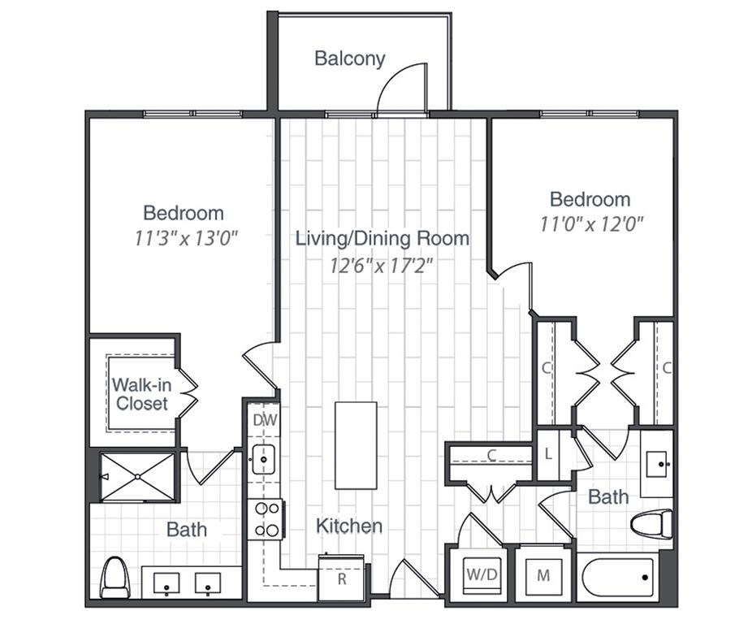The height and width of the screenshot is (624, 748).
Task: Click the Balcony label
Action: [x=349, y=58]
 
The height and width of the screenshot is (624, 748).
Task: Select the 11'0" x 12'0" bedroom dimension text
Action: [x=591, y=225]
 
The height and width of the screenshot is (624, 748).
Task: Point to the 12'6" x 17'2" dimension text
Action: [x=383, y=265]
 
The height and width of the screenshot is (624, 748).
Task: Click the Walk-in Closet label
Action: [x=140, y=394]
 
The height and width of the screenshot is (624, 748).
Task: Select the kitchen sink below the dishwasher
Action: [x=264, y=459]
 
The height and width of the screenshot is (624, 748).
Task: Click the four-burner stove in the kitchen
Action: [x=266, y=519]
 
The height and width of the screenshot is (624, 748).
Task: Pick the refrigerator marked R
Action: [x=341, y=578]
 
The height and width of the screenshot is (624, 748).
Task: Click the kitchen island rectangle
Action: [x=356, y=445]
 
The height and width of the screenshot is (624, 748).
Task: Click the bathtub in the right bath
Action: [x=619, y=578]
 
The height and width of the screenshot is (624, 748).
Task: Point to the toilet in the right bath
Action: [x=652, y=524]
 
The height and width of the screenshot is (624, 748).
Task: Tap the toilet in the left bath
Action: [x=115, y=578]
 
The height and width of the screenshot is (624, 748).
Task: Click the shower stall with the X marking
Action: [x=136, y=477]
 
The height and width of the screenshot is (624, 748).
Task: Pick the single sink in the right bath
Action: [x=656, y=464]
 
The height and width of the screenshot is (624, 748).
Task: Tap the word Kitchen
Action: [x=349, y=526]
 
